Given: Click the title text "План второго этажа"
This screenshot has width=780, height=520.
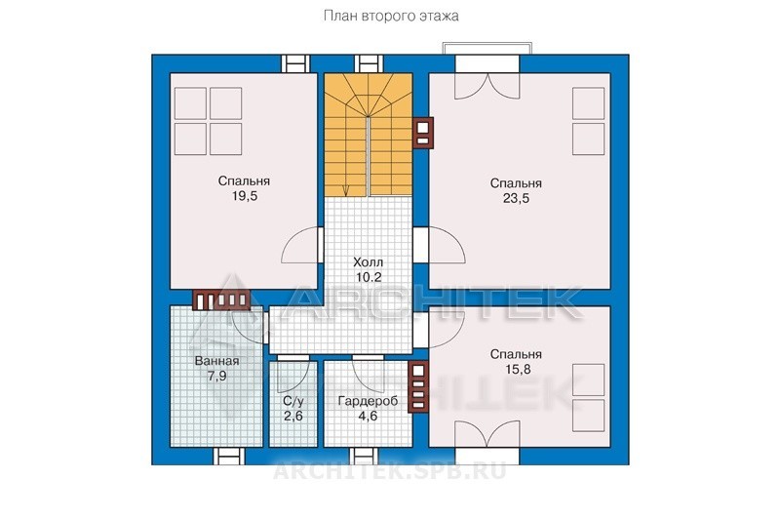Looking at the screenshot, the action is [x=391, y=17].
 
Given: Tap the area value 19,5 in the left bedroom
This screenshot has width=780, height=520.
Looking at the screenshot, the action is [x=245, y=196].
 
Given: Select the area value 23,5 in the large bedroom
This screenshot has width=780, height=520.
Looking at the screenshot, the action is [x=516, y=198].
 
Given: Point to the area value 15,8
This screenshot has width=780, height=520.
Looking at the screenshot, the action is [x=516, y=369].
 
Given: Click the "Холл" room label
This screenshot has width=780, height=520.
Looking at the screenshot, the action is [x=368, y=262].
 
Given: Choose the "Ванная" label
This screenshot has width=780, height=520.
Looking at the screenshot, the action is [x=216, y=361].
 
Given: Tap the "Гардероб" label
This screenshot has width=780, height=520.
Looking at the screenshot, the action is [x=368, y=401].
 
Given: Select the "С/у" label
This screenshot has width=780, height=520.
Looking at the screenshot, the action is [x=293, y=401].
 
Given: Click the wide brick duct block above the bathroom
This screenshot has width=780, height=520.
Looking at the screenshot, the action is [x=221, y=300].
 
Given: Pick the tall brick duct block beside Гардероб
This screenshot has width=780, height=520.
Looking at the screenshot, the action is [x=418, y=386].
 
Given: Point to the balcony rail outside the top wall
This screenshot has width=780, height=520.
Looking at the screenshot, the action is [x=487, y=47].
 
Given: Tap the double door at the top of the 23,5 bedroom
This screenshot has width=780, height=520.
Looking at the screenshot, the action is [x=487, y=86].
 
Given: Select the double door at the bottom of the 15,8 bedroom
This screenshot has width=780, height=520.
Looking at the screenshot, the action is [x=487, y=434].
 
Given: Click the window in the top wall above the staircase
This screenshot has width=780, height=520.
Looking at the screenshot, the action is [x=369, y=64].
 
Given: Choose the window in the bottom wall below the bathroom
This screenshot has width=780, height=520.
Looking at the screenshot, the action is [x=228, y=456].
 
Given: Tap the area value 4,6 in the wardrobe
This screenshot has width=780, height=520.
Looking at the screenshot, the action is [x=368, y=416].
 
